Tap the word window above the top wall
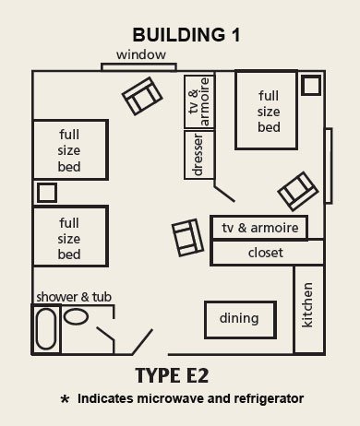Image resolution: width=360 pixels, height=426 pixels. [141, 55]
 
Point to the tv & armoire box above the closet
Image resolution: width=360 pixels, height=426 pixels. [258, 228]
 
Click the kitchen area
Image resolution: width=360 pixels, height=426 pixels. [308, 309]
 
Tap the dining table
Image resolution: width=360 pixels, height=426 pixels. [238, 319]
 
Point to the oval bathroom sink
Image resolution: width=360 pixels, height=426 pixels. [78, 315]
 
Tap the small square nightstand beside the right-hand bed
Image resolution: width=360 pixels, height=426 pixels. [311, 85]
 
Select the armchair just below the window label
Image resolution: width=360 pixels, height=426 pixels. [140, 93]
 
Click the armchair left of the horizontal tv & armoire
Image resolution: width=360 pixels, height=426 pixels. [188, 238]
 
